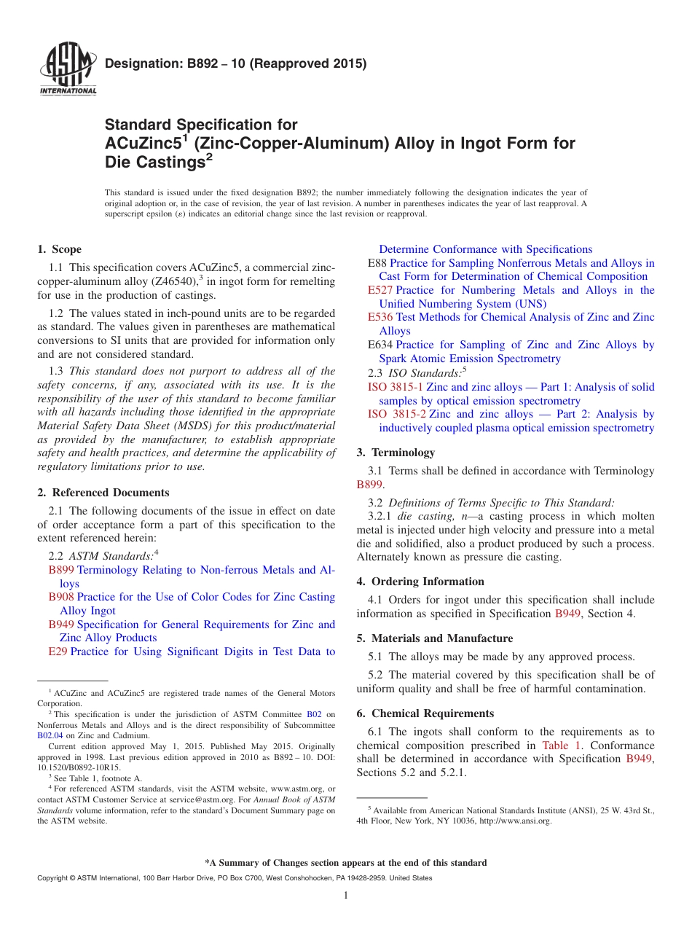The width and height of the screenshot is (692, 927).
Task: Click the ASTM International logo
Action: [68, 69]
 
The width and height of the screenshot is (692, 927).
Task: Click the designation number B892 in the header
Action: [182, 63]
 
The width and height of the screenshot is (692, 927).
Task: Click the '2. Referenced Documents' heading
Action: [103, 493]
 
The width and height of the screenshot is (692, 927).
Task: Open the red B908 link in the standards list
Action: [61, 597]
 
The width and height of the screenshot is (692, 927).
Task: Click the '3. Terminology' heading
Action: [396, 453]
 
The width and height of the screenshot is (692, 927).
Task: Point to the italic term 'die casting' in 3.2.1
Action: [417, 516]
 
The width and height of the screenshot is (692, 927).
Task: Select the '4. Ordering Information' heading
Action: [420, 582]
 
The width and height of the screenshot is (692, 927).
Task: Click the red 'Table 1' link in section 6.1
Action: [562, 746]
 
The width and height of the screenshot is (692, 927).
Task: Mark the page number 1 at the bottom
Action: [346, 896]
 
